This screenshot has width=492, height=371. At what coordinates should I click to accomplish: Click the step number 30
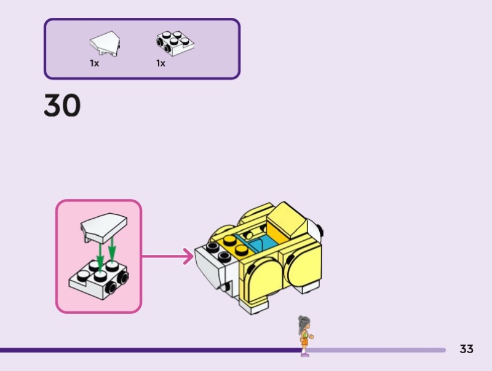coord(62,106)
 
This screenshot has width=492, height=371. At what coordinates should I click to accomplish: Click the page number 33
coord(467,349)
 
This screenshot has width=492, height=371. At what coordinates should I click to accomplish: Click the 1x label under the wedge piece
coord(94,63)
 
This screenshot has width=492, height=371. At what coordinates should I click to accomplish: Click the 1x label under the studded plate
coord(161,63)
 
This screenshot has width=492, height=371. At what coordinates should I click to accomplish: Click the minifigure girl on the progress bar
coord(304,335)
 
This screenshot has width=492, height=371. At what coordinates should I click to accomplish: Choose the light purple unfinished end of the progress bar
coord(381,350)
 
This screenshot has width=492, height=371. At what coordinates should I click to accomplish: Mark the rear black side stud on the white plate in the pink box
coord(124,278)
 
